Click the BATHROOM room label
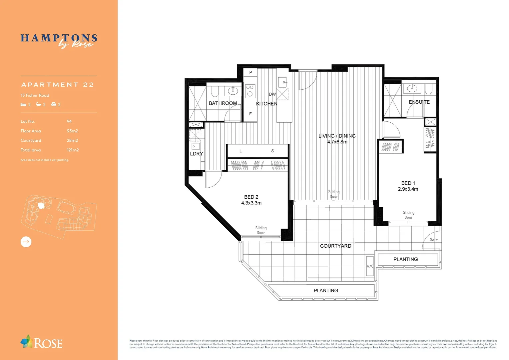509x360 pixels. tap(223, 103)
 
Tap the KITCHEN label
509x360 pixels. tap(266, 104)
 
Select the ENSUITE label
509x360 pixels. tap(419, 102)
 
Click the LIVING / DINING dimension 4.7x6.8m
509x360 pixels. tap(337, 142)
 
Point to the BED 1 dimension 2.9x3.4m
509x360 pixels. tap(408, 189)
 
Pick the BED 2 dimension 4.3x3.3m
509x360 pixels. tap(251, 203)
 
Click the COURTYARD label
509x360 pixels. tap(335, 246)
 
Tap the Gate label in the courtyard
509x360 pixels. tap(433, 240)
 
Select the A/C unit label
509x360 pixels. tap(370, 266)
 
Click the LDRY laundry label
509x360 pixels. tap(196, 154)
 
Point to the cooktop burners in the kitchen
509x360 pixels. tap(250, 91)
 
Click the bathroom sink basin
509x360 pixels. tap(233, 90)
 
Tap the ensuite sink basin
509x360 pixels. tap(412, 88)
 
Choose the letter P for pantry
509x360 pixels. tap(251, 72)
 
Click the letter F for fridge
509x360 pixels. tap(251, 114)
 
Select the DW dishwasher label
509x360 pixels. tap(272, 94)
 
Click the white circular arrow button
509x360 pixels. tap(26, 242)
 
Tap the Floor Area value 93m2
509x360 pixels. tap(72, 131)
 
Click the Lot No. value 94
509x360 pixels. tap(69, 121)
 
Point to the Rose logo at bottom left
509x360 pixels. tap(41, 342)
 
